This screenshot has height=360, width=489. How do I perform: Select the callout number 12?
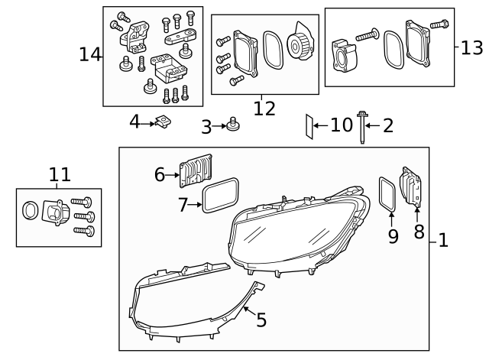(x=264, y=108)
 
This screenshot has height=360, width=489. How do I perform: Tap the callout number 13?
(x=472, y=47)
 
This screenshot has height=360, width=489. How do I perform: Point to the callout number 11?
(x=60, y=175)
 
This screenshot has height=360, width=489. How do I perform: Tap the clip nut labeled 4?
(x=162, y=121)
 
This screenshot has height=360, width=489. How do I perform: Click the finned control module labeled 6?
(x=195, y=170)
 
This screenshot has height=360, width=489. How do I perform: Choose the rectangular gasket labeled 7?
(x=221, y=196)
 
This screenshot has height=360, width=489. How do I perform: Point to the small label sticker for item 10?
(x=309, y=126)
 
